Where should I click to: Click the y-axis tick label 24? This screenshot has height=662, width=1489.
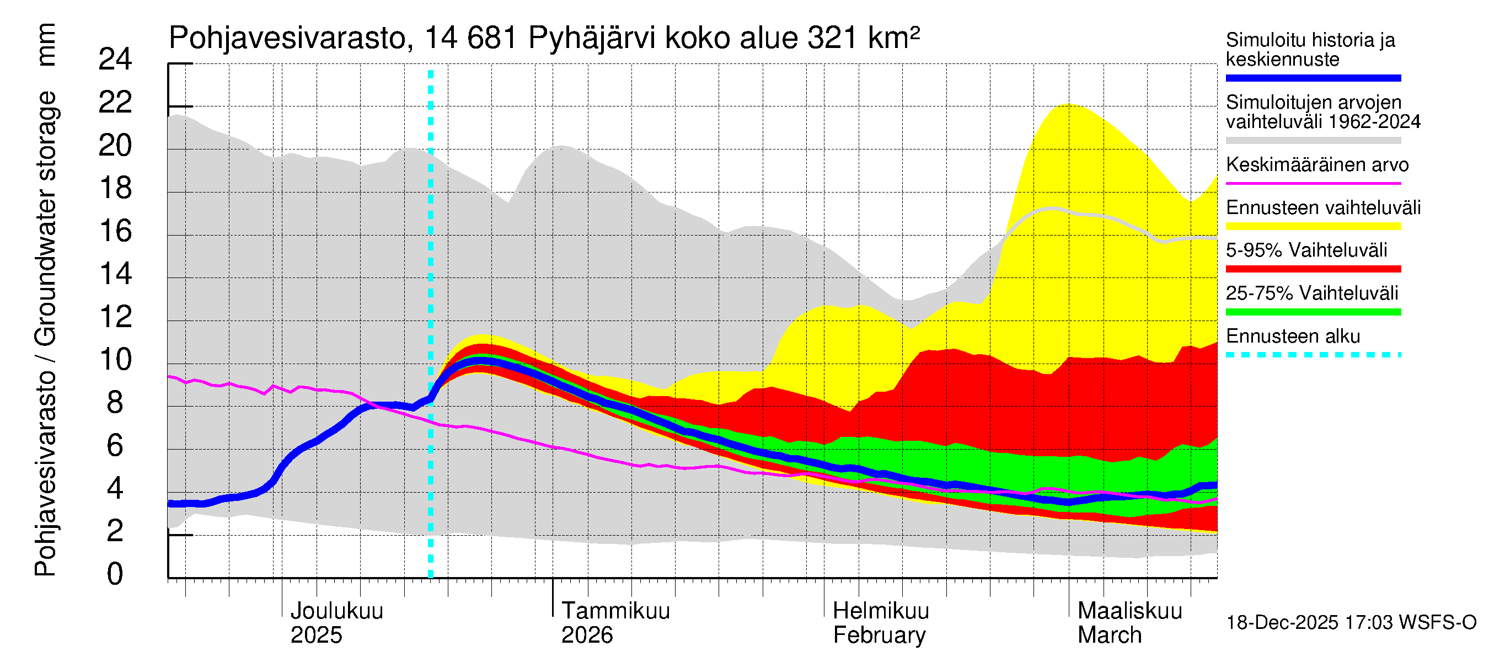[x=115, y=60]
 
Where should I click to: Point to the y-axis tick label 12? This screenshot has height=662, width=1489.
[x=115, y=317]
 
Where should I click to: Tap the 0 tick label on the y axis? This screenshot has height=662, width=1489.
[x=115, y=574]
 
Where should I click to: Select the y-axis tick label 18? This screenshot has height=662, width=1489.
[x=115, y=189]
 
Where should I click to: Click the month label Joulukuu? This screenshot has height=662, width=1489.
[x=336, y=611]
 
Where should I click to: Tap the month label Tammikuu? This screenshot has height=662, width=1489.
[x=615, y=611]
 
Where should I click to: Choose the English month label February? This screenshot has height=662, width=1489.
[x=879, y=636]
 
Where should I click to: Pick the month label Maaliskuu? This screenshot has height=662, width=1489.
[x=1129, y=611]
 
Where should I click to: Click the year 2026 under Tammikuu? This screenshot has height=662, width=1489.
[x=587, y=636]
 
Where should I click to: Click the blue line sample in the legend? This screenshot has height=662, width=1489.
[x=1313, y=78]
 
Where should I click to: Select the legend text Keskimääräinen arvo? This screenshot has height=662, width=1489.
[x=1317, y=165]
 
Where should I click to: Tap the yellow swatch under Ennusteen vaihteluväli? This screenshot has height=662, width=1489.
[x=1313, y=226]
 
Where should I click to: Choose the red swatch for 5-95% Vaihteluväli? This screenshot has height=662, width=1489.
[x=1313, y=269]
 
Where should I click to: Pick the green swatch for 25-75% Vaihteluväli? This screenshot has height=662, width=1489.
[x=1313, y=312]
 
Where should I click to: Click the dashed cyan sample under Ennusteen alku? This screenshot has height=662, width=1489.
[x=1313, y=355]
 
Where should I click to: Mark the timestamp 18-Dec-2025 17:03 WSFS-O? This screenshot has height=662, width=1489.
[x=1351, y=623]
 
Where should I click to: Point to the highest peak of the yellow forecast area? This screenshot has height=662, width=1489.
[x=1065, y=105]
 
